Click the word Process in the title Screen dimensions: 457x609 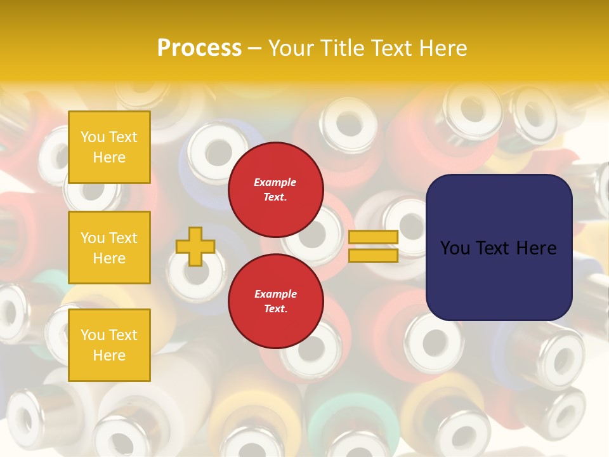199,48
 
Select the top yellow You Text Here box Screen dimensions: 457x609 109,147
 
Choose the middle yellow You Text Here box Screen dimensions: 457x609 109,248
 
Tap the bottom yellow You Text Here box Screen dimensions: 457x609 109,345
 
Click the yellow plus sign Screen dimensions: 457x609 195,246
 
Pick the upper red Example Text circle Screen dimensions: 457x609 275,189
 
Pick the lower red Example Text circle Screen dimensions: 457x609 275,301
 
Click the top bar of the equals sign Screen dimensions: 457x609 373,237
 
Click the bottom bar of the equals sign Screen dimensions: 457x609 373,255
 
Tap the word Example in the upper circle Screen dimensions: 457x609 275,182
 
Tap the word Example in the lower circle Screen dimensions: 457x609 275,294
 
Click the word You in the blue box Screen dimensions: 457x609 454,248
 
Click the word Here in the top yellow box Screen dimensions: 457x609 109,157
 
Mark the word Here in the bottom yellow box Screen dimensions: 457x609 109,355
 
